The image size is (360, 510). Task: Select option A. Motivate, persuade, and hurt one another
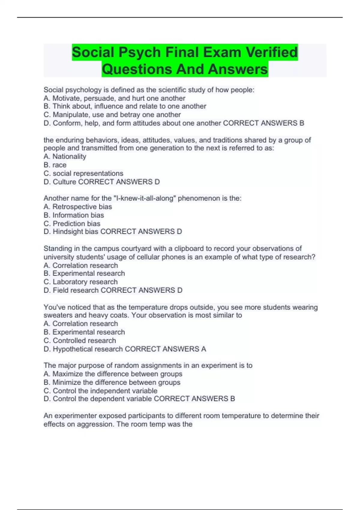[x=114, y=98]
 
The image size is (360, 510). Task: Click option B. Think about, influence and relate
[x=125, y=106]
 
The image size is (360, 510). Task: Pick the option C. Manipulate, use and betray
[x=112, y=115]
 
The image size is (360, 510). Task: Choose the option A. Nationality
[x=65, y=156]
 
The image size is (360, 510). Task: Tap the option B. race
[x=55, y=165]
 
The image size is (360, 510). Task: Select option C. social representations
[x=83, y=173]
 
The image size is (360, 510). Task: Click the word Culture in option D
[x=64, y=182]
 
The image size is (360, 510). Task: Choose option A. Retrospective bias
[x=78, y=207]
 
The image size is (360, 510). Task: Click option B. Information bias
[x=74, y=215]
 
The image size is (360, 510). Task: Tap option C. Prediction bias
[x=72, y=223]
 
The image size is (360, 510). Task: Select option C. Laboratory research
[x=81, y=282]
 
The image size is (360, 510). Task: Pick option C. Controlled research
[x=80, y=340]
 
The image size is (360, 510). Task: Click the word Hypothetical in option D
[x=71, y=349]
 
